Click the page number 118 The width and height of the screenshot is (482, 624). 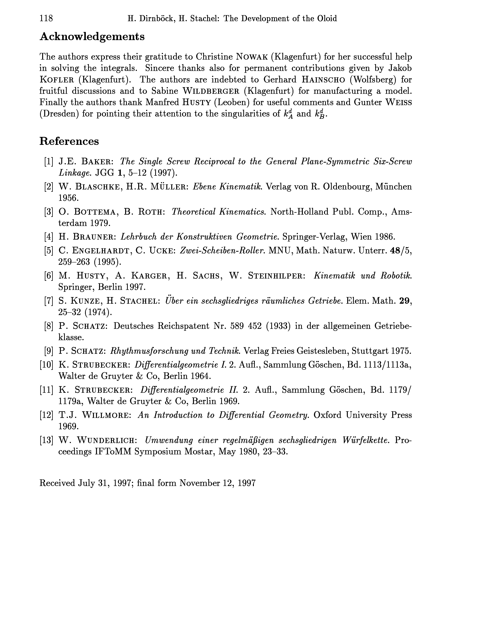[x=46, y=19]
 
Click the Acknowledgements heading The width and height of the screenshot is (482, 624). [x=92, y=36]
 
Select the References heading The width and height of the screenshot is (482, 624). [x=69, y=141]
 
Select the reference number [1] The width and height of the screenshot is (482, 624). [x=49, y=162]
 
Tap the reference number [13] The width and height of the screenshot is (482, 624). [x=46, y=440]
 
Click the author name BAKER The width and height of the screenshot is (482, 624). [x=98, y=162]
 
